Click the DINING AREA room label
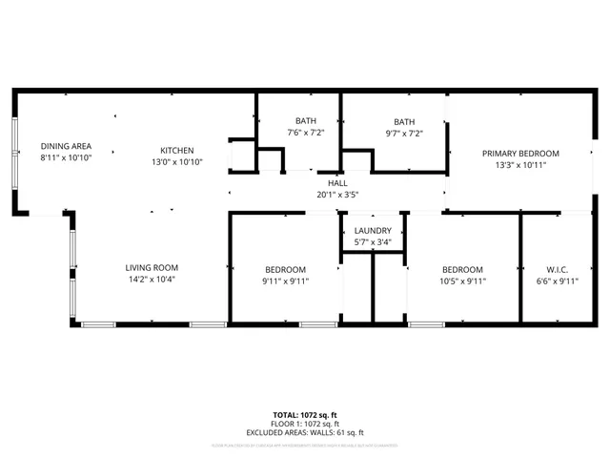pyautogui.click(x=66, y=146)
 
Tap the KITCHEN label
pyautogui.click(x=177, y=151)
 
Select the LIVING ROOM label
pyautogui.click(x=152, y=268)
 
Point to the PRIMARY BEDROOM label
pyautogui.click(x=519, y=154)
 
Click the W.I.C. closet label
pyautogui.click(x=558, y=270)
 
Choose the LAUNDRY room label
pyautogui.click(x=373, y=232)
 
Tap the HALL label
pyautogui.click(x=337, y=183)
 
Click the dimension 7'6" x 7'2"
pyautogui.click(x=305, y=133)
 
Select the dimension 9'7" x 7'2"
pyautogui.click(x=404, y=133)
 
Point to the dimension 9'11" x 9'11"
pyautogui.click(x=286, y=281)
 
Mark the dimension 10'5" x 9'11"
pyautogui.click(x=462, y=281)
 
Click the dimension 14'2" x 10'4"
pyautogui.click(x=152, y=280)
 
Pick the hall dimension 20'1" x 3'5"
pyautogui.click(x=337, y=195)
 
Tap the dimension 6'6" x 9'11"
pyautogui.click(x=558, y=281)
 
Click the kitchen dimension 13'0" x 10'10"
pyautogui.click(x=177, y=162)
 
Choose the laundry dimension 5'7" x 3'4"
pyautogui.click(x=373, y=243)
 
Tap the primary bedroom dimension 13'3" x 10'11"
pyautogui.click(x=519, y=165)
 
